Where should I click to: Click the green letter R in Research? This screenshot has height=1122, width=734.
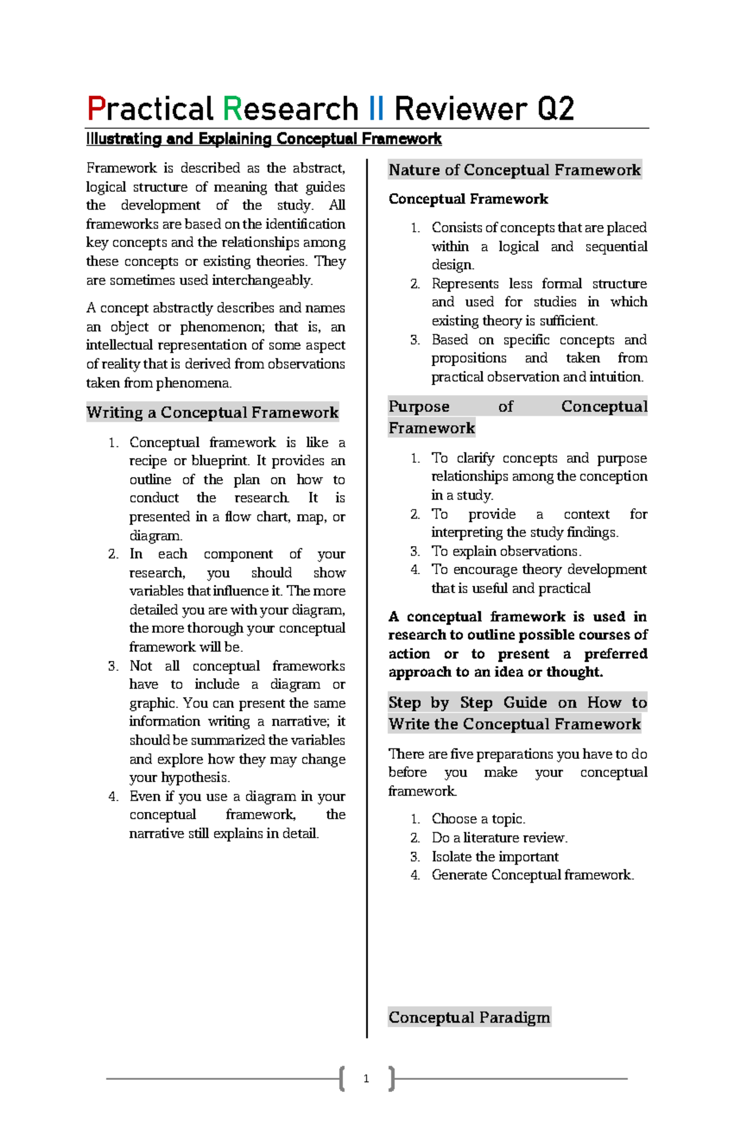click(232, 109)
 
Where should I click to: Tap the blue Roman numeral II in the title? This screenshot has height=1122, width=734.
click(377, 109)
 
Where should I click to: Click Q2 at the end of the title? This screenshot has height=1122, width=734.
click(555, 109)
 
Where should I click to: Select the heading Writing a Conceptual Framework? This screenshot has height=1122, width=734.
click(212, 413)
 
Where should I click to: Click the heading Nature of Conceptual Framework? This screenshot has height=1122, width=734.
click(514, 170)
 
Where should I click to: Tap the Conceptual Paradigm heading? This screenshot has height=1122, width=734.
click(469, 1017)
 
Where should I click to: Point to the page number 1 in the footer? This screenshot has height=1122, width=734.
click(366, 1079)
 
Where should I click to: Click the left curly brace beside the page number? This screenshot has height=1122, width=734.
click(342, 1079)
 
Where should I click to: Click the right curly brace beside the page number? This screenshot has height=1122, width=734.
click(391, 1079)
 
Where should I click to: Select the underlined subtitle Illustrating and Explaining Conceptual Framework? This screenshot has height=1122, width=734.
click(264, 139)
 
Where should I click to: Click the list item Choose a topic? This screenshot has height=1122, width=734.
click(478, 819)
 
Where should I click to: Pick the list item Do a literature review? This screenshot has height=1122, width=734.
click(499, 838)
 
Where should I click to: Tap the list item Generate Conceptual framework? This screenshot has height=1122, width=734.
click(532, 875)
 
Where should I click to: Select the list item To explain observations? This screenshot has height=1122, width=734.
click(506, 551)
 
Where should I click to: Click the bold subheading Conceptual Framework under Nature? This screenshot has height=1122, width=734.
click(468, 199)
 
